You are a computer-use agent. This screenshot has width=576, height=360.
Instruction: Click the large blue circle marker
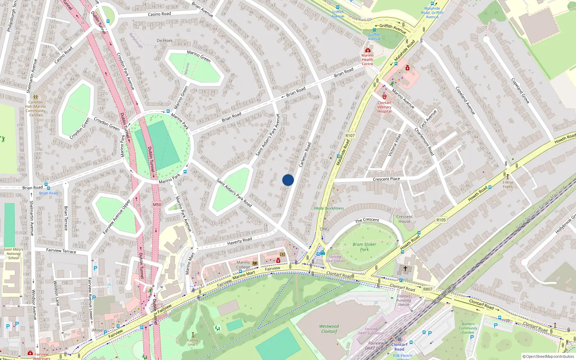(x=288, y=180)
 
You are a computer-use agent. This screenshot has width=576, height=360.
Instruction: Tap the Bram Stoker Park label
(x=364, y=247)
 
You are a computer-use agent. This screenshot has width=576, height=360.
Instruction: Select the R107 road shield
(x=350, y=136)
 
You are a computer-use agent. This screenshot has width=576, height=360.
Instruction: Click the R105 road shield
(x=441, y=220)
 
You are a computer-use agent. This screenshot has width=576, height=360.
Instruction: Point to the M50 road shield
(x=157, y=204)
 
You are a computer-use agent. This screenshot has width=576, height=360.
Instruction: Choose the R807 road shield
(x=428, y=289)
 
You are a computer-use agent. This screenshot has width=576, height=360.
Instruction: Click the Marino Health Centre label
(x=367, y=59)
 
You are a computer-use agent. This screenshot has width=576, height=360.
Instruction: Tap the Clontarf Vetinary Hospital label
(x=384, y=107)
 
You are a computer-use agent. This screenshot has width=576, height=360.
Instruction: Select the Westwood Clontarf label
(x=329, y=329)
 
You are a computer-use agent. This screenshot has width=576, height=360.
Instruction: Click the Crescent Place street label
(x=386, y=179)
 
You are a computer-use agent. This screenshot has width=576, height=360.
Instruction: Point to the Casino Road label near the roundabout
(x=159, y=14)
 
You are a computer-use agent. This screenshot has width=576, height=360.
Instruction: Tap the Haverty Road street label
(x=239, y=240)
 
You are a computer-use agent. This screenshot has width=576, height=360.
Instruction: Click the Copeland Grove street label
(x=520, y=91)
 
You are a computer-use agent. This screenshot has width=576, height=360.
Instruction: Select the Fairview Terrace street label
(x=61, y=251)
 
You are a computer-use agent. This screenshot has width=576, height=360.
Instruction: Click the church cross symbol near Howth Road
(x=405, y=269)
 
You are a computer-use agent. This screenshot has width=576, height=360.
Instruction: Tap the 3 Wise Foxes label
(x=508, y=184)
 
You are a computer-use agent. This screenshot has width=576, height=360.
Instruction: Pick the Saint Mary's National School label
(x=13, y=253)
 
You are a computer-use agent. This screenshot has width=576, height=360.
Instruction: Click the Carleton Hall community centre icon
(x=35, y=97)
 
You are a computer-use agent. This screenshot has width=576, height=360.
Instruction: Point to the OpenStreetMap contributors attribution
(x=548, y=356)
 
